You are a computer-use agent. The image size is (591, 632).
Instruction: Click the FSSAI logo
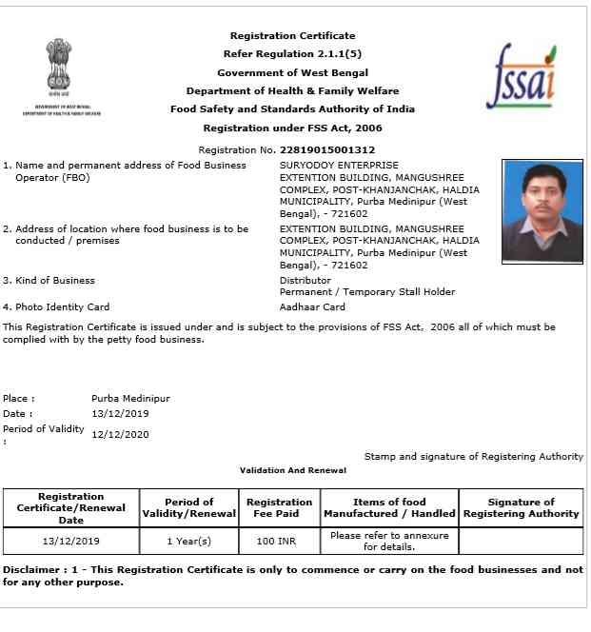[521, 75]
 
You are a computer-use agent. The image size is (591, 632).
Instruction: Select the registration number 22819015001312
[326, 150]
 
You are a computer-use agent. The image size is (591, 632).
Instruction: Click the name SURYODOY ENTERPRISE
[339, 165]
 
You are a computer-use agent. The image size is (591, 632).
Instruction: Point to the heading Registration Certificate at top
[292, 36]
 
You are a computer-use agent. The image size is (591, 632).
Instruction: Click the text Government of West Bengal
[292, 72]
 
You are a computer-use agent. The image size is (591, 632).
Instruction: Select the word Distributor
[305, 281]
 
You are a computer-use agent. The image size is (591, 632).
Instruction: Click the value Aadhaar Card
[312, 307]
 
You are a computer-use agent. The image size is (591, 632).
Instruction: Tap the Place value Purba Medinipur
[130, 398]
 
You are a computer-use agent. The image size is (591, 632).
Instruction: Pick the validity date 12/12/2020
[120, 435]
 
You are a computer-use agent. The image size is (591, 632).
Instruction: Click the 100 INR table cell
[279, 541]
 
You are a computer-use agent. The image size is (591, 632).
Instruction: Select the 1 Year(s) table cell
[188, 541]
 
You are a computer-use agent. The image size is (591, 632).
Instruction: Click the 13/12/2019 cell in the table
[70, 541]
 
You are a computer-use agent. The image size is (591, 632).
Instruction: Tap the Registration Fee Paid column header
[279, 507]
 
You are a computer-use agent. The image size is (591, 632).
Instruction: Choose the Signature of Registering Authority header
[521, 507]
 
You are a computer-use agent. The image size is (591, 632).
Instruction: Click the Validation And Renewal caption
[292, 470]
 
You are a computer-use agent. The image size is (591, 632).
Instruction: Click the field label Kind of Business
[54, 281]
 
